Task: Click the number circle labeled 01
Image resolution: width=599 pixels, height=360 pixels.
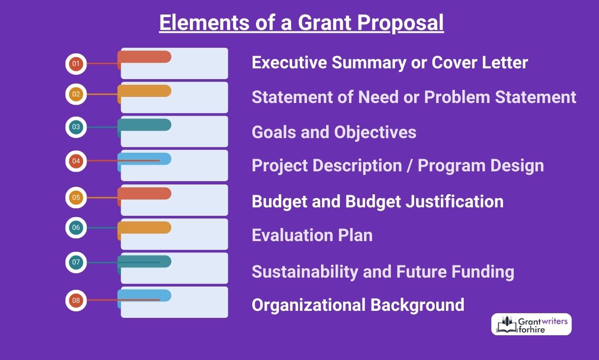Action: coord(76,64)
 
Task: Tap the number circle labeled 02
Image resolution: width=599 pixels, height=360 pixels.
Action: coord(76,94)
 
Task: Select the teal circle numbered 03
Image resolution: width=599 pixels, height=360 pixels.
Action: coord(76,127)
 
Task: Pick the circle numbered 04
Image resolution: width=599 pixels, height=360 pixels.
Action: coord(76,161)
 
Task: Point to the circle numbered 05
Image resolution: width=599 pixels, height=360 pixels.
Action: coord(76,198)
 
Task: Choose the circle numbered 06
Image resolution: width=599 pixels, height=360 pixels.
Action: coord(76,228)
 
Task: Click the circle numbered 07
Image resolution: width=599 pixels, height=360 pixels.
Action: coord(76,262)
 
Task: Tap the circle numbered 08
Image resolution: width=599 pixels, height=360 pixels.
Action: coord(76,301)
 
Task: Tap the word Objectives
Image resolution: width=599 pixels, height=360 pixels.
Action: coord(375,132)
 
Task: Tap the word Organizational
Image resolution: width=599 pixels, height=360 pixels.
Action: coord(308,305)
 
